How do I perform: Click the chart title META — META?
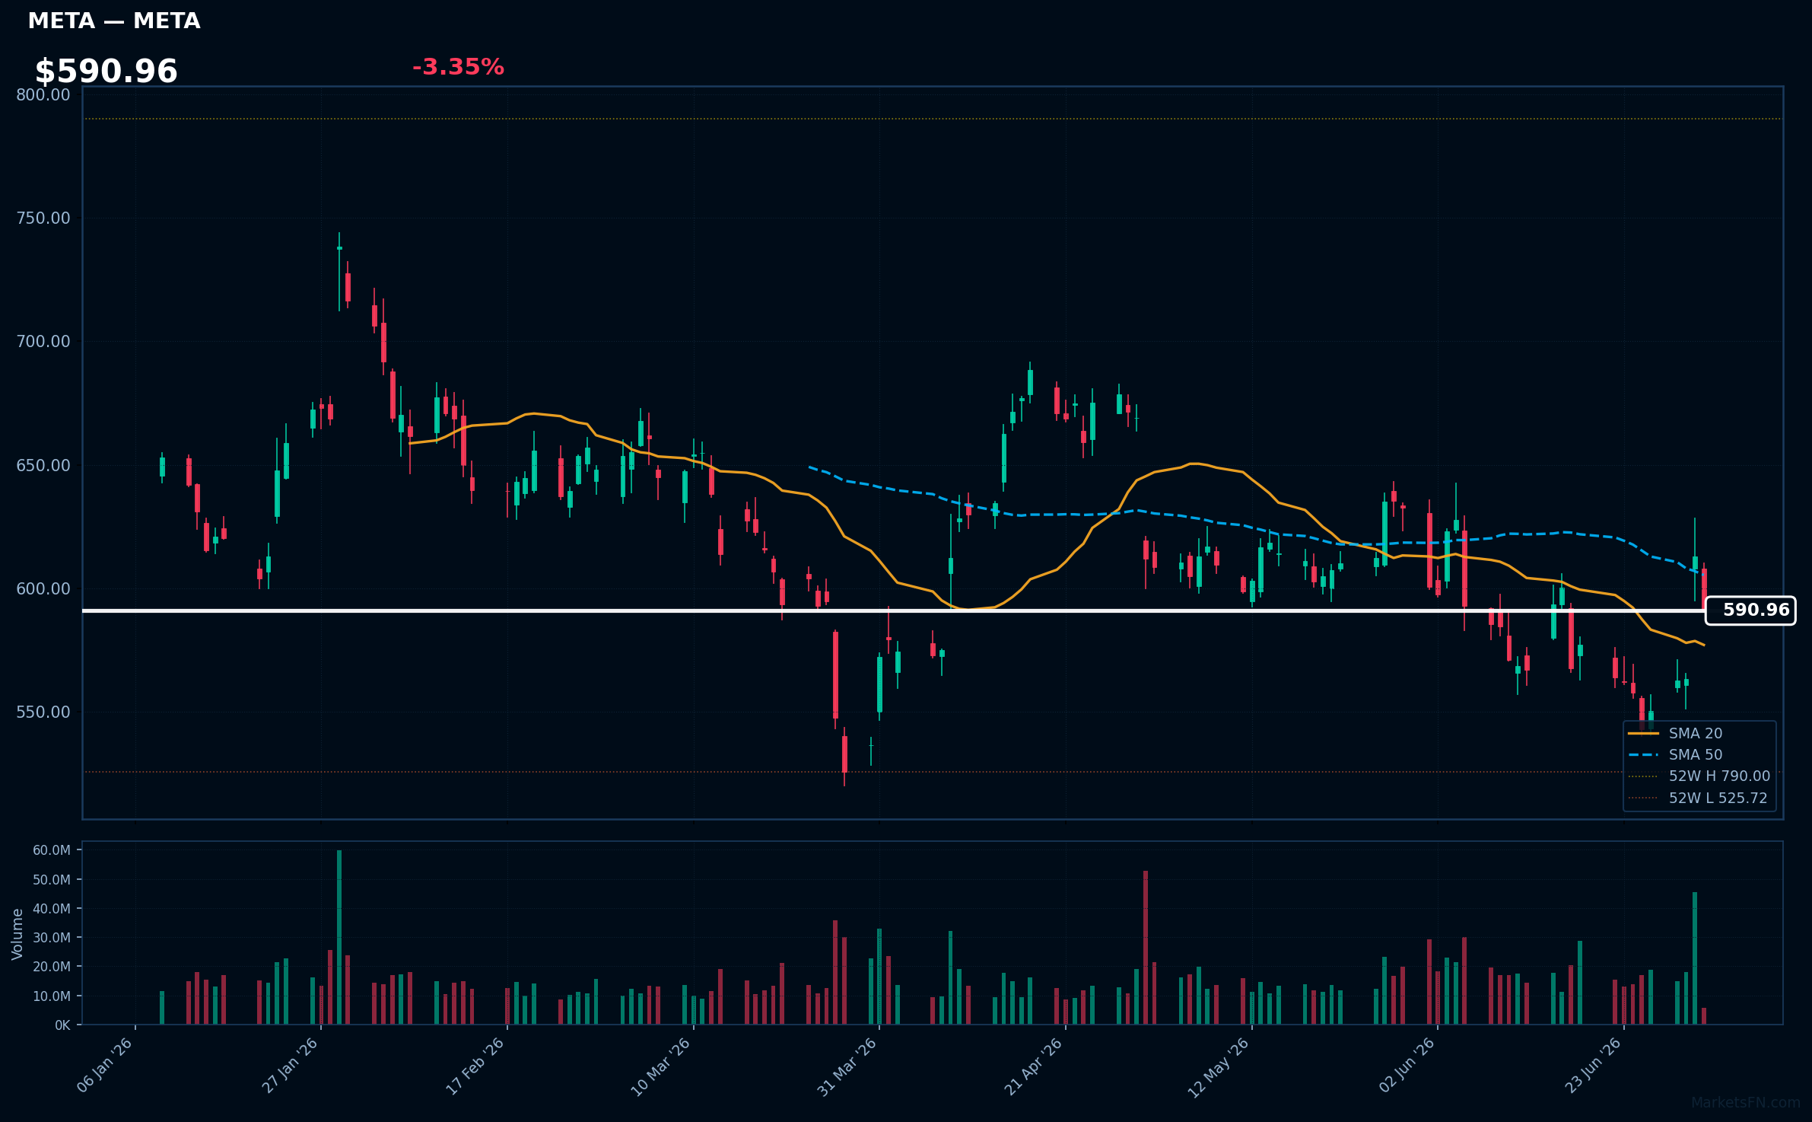114,21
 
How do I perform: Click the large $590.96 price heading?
106,72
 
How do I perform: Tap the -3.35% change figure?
458,67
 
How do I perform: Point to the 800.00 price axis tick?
43,94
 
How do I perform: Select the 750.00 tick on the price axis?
43,218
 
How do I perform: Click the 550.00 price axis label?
43,712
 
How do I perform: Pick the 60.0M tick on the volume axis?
52,850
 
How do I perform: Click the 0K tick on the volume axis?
62,1025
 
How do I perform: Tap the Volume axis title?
17,934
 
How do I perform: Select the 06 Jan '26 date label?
106,1066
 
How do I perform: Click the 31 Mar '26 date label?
847,1066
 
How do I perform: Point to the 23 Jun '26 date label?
1594,1066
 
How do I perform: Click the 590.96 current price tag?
1750,610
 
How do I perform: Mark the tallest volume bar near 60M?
339,937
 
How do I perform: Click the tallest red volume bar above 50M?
1146,948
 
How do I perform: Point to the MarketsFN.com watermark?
1746,1103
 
